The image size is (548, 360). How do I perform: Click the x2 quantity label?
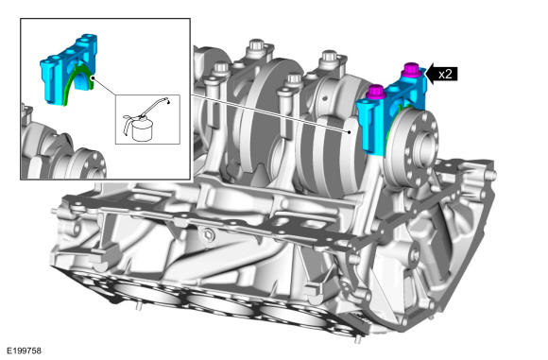[x=445, y=74]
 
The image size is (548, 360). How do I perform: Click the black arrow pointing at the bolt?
[x=441, y=74]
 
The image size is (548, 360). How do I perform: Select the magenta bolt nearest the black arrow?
[x=411, y=70]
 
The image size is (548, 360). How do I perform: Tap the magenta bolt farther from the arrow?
[x=375, y=92]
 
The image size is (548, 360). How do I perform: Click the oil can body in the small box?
[x=143, y=130]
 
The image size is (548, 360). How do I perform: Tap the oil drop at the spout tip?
[x=169, y=102]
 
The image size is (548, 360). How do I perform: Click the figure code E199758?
[x=25, y=351]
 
